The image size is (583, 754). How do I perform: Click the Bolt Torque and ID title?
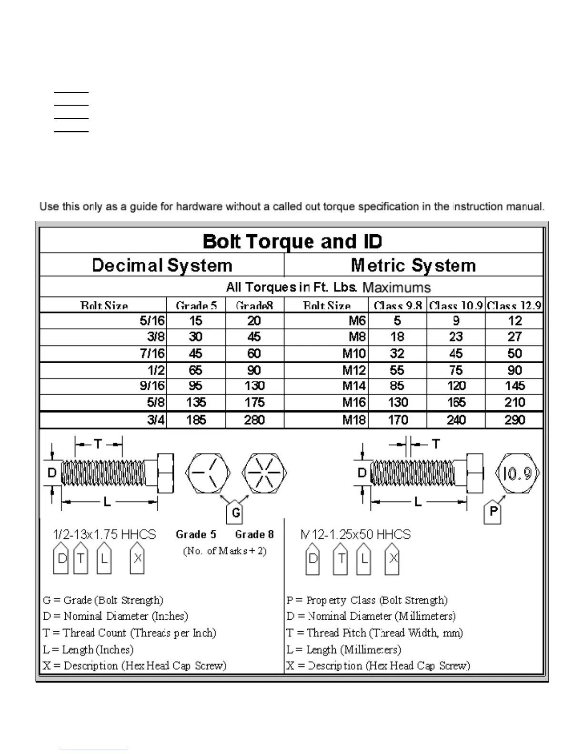(x=292, y=241)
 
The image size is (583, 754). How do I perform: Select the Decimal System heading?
(x=162, y=265)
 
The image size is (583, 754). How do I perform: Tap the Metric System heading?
(x=413, y=265)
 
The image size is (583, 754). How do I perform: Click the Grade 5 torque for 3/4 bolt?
(x=196, y=420)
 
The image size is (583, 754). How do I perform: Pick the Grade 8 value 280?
(x=254, y=420)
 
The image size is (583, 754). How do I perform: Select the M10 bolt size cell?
(x=354, y=354)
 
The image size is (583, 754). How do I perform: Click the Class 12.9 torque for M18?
(x=514, y=420)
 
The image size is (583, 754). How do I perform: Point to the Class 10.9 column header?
(x=456, y=306)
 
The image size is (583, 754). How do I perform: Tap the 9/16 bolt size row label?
(x=152, y=386)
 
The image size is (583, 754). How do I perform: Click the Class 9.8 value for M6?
(x=397, y=321)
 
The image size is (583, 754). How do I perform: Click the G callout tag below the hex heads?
(x=235, y=513)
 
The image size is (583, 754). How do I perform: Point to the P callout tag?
(x=493, y=512)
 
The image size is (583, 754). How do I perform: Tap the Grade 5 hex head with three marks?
(x=208, y=474)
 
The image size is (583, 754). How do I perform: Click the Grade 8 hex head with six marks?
(x=264, y=474)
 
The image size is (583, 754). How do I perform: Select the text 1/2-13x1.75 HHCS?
(x=104, y=535)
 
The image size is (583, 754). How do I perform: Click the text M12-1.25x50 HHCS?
(x=355, y=535)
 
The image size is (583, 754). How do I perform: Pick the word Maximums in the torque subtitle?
(x=396, y=288)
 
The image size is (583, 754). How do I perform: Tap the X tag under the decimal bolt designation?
(x=137, y=559)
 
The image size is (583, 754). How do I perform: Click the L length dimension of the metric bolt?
(x=418, y=501)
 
